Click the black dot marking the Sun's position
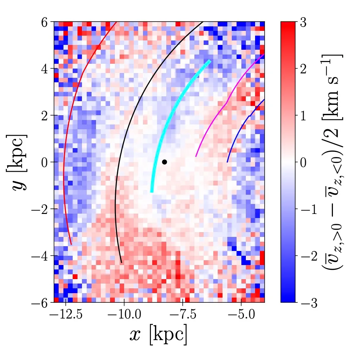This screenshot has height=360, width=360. point(165,162)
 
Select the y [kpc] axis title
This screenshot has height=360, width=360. point(19,162)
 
